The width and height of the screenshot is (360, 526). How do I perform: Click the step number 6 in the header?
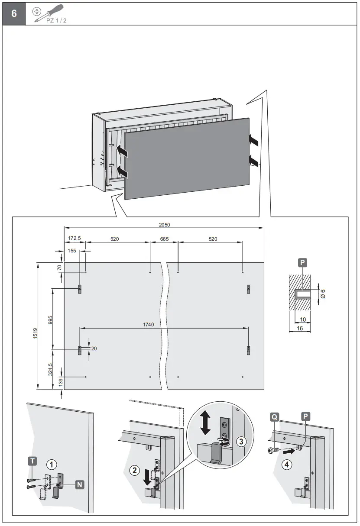click(x=14, y=13)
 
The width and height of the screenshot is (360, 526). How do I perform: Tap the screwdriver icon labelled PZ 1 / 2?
click(x=50, y=13)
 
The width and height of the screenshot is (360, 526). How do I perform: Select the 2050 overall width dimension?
click(x=164, y=225)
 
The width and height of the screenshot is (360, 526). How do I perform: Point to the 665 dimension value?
click(x=164, y=239)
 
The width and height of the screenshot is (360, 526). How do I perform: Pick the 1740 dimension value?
click(x=149, y=324)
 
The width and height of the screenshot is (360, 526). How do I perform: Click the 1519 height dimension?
click(x=35, y=333)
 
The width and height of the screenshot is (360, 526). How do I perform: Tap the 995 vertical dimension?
click(x=50, y=319)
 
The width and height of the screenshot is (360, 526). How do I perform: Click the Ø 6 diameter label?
click(x=323, y=294)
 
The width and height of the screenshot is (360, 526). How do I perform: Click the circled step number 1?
click(x=52, y=465)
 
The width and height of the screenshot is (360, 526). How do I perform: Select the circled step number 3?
click(x=242, y=442)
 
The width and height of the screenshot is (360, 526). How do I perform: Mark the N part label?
click(x=80, y=484)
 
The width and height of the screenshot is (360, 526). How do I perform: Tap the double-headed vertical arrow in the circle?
click(x=206, y=423)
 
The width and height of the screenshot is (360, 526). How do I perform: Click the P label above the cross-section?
click(x=302, y=262)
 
